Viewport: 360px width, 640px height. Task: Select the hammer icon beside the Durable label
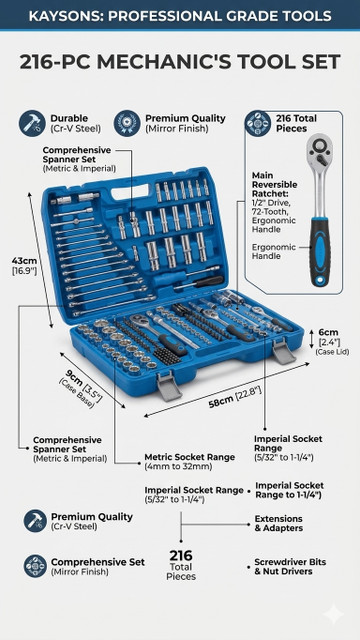point(32,123)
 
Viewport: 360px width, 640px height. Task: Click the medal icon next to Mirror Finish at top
point(127,123)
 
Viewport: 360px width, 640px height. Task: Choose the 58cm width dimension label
point(220,402)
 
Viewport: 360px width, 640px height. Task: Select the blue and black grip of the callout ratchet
point(319,252)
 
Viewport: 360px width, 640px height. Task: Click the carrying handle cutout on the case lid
point(130,191)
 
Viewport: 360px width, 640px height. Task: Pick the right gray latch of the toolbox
point(283,351)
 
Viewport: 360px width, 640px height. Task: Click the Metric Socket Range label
point(190,457)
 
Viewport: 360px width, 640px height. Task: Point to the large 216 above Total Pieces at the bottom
point(181,556)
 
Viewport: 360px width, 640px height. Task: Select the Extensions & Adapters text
point(279,523)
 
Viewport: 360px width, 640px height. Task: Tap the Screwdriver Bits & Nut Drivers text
point(290,567)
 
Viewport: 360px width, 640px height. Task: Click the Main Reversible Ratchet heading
point(274,185)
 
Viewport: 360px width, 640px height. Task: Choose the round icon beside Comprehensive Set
point(35,566)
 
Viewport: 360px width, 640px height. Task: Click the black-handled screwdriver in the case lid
point(200,283)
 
